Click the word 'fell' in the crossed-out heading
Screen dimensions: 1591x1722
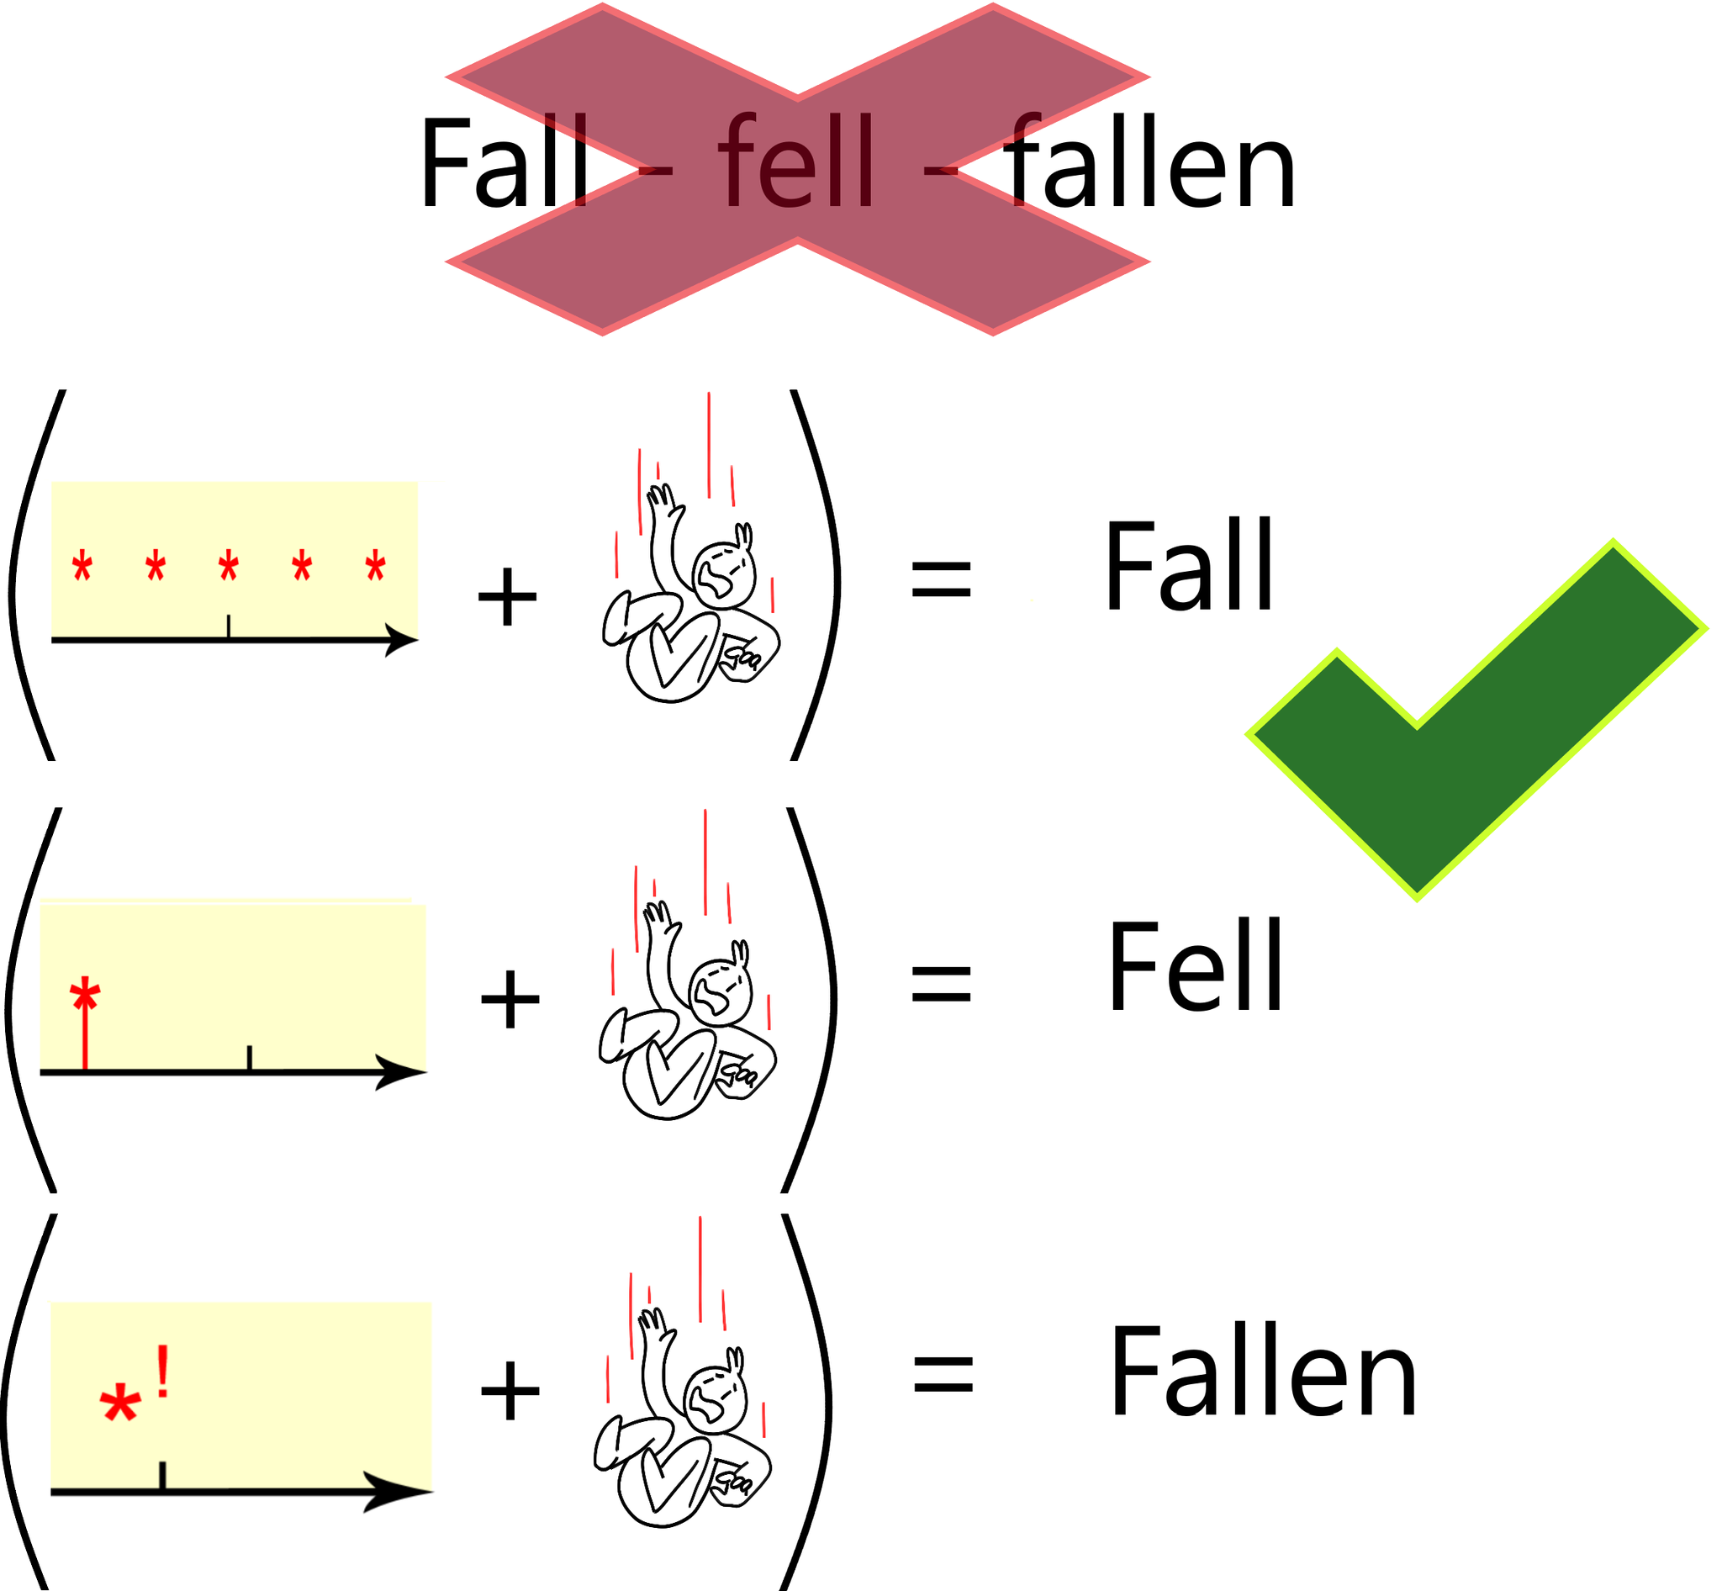pos(797,164)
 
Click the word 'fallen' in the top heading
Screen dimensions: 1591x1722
pos(1150,164)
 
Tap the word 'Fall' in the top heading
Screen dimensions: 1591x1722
pos(504,164)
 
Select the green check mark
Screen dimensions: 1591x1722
pos(1455,732)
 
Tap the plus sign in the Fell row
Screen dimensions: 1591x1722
pos(510,999)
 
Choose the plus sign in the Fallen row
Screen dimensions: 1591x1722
pos(510,1389)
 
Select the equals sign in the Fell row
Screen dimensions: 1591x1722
pos(941,984)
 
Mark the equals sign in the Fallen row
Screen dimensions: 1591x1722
pos(943,1372)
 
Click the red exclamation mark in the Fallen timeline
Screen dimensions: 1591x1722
pos(162,1372)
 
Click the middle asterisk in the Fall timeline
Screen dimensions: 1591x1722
pos(228,568)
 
